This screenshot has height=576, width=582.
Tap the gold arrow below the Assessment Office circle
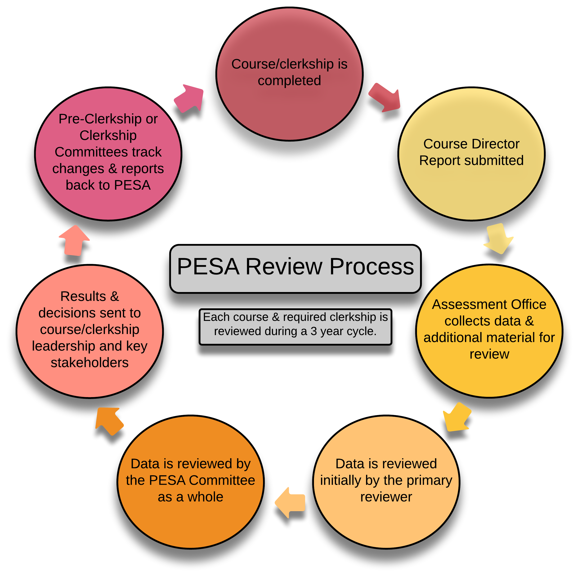pos(456,417)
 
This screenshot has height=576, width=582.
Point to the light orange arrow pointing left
pos(290,503)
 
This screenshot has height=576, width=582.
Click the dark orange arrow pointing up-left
pos(109,421)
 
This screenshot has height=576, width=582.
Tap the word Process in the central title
pos(372,266)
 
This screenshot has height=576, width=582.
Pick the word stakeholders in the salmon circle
pos(90,363)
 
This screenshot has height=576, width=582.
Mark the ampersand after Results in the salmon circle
pos(114,297)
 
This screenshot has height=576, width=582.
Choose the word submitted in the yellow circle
pos(494,160)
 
